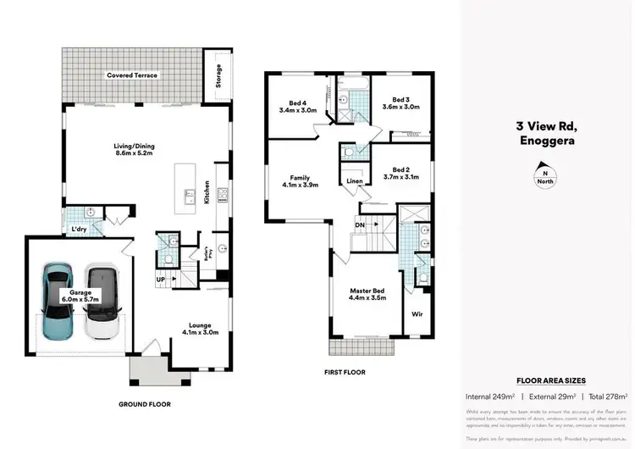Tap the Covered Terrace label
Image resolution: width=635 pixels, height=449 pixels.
[132, 75]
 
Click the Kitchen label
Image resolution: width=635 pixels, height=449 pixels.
[206, 191]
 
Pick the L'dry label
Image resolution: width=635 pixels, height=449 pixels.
[78, 229]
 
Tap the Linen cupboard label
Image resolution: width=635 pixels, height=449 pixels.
[355, 181]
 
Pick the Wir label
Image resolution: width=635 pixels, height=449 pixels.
[417, 313]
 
